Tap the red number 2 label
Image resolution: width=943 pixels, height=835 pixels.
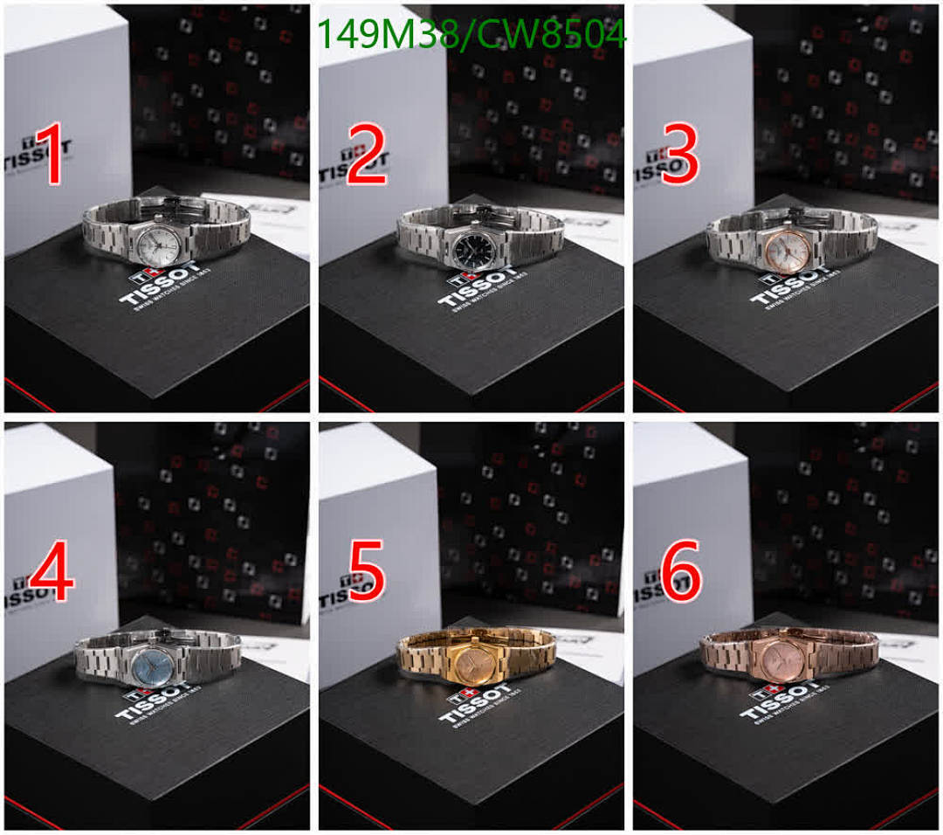click(368, 155)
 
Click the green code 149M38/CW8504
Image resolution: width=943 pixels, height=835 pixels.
click(471, 36)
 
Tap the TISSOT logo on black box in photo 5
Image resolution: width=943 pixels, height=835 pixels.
click(477, 704)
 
